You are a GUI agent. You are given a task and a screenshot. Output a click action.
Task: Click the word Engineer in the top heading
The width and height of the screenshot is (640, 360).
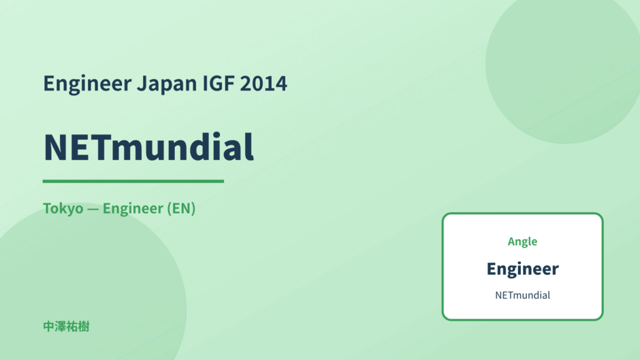[x=87, y=84]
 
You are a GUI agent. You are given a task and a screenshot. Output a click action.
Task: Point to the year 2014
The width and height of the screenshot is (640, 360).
[x=263, y=83]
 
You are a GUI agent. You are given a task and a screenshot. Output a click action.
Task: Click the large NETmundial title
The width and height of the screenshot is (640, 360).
[x=148, y=147]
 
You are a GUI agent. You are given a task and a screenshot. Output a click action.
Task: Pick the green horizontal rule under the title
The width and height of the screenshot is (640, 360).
[x=133, y=181]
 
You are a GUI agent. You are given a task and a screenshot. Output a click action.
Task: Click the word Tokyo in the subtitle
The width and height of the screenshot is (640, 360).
[x=63, y=208]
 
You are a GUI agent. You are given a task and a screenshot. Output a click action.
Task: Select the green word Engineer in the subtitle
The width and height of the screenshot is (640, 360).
[x=133, y=208]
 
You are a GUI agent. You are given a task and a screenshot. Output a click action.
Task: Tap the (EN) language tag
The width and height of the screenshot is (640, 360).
[x=181, y=208]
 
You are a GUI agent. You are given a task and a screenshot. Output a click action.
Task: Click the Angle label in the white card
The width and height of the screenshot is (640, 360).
[x=522, y=242]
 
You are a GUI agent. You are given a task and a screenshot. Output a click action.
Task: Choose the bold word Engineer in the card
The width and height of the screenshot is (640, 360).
[x=522, y=269]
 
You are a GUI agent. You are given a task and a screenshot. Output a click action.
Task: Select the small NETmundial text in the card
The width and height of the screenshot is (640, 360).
[x=522, y=295]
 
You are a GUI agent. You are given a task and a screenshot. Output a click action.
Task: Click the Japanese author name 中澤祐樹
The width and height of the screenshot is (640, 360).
[x=66, y=327]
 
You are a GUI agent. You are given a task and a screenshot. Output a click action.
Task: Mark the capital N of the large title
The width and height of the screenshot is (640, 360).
[x=56, y=148]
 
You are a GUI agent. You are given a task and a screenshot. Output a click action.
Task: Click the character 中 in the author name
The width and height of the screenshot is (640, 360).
[x=48, y=327]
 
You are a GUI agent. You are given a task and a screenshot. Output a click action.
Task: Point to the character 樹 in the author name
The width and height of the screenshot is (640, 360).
[x=84, y=327]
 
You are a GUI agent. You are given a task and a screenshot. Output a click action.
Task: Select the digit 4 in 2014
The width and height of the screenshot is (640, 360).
[x=281, y=84]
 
